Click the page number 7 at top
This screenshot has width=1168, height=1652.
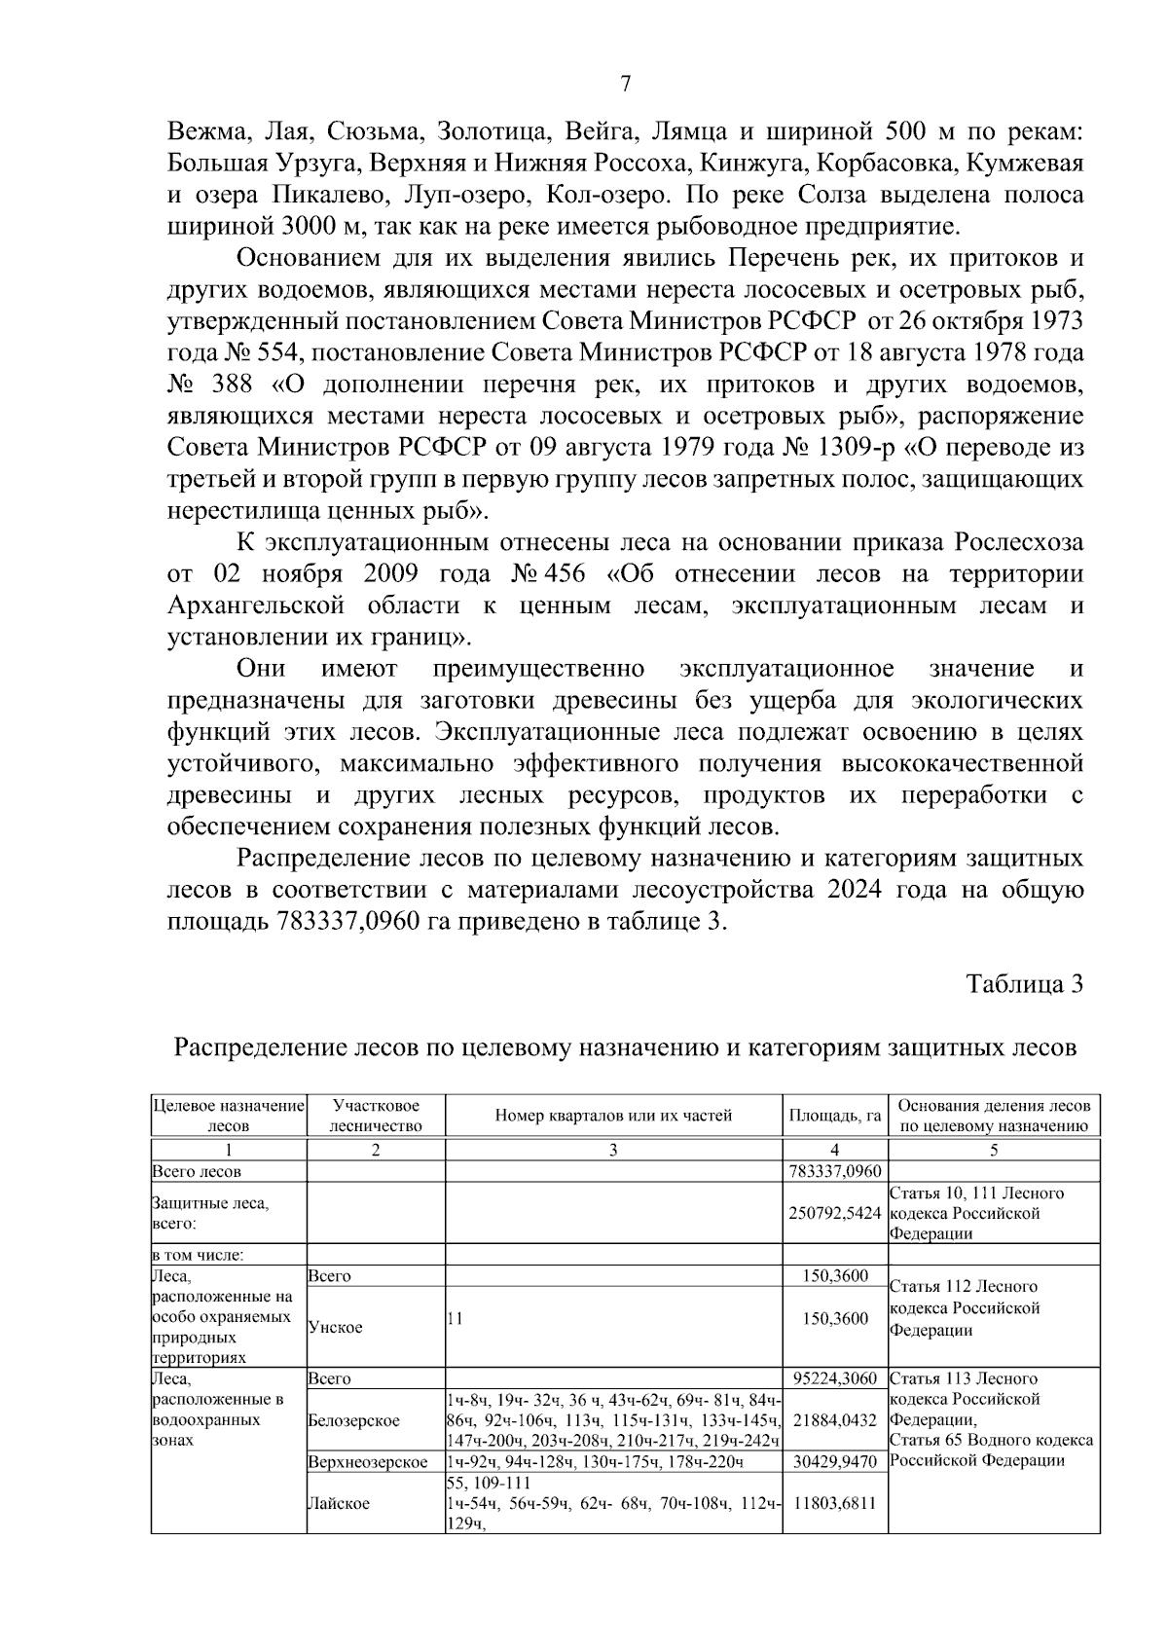[x=625, y=85]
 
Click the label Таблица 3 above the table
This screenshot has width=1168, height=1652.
[x=1024, y=983]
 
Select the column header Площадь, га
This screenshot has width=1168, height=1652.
[x=834, y=1116]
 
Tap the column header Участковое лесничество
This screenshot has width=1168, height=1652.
[x=376, y=1116]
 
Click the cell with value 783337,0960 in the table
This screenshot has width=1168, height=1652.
[x=834, y=1171]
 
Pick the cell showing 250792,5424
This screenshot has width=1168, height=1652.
[x=834, y=1213]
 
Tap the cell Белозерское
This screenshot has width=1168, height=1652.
[x=353, y=1420]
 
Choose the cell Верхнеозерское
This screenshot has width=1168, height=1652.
[x=368, y=1462]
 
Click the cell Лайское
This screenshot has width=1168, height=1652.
[x=338, y=1503]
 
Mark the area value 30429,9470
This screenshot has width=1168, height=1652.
[x=834, y=1461]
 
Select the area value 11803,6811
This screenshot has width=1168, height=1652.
[x=834, y=1502]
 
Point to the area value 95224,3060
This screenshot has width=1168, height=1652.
[x=834, y=1378]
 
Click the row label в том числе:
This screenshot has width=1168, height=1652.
[x=197, y=1255]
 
